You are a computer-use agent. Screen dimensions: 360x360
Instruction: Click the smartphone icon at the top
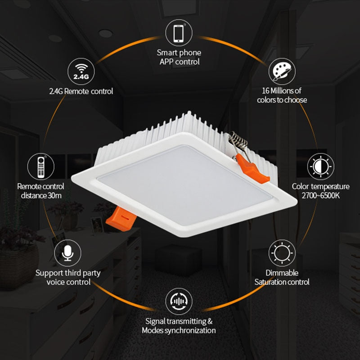tap(179, 32)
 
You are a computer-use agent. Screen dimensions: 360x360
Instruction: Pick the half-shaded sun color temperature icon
tap(320, 166)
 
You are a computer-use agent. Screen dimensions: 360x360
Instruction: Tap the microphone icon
tap(67, 253)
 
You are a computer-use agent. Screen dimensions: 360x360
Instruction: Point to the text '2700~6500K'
tap(320, 195)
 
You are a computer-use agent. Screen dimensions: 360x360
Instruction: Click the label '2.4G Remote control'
tap(81, 91)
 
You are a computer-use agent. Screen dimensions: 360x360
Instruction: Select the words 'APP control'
tap(179, 62)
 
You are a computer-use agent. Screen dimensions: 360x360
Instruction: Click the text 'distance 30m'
tap(40, 195)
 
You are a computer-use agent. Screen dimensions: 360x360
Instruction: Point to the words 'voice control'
tap(68, 282)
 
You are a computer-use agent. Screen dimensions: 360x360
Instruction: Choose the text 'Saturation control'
tap(282, 282)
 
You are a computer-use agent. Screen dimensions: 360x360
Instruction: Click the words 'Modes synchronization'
tap(179, 330)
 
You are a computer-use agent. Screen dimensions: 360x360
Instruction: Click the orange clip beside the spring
tap(254, 169)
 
